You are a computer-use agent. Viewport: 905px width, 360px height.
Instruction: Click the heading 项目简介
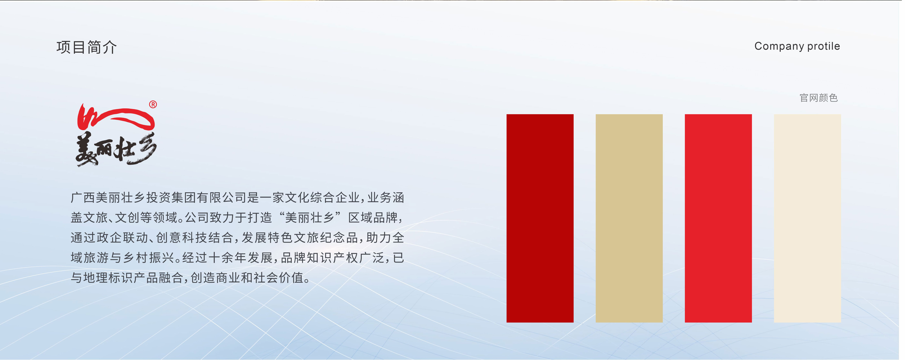point(86,47)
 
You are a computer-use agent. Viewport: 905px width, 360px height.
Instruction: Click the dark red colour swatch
point(540,218)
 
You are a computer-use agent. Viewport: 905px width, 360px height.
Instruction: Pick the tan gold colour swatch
point(629,218)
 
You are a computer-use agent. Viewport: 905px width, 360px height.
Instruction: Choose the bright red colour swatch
point(718,218)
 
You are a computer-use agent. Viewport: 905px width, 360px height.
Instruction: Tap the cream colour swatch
point(807,218)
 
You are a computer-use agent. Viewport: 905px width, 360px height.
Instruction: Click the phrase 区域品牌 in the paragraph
point(373,218)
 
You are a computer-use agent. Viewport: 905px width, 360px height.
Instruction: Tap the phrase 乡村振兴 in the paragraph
point(149,258)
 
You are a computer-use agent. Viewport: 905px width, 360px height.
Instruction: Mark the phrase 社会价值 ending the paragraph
point(279,278)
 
